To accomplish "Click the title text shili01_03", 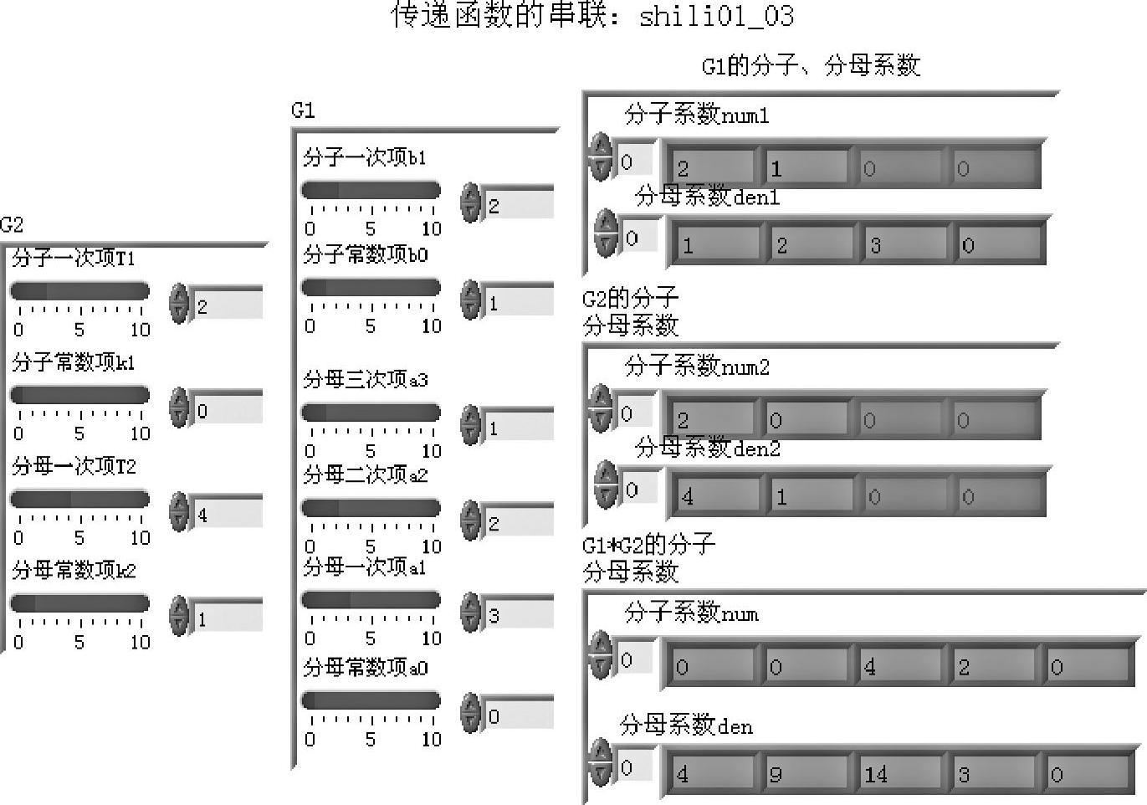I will tap(716, 17).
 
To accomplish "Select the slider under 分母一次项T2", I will tap(79, 500).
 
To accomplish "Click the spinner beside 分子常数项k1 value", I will tap(179, 408).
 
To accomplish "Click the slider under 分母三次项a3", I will tap(371, 413).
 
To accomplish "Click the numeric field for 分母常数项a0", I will tap(519, 715).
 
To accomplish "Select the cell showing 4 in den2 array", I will tap(715, 496).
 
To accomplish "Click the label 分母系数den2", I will tap(707, 449).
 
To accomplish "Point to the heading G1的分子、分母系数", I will tap(811, 66).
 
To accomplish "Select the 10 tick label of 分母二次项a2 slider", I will tap(431, 546).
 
